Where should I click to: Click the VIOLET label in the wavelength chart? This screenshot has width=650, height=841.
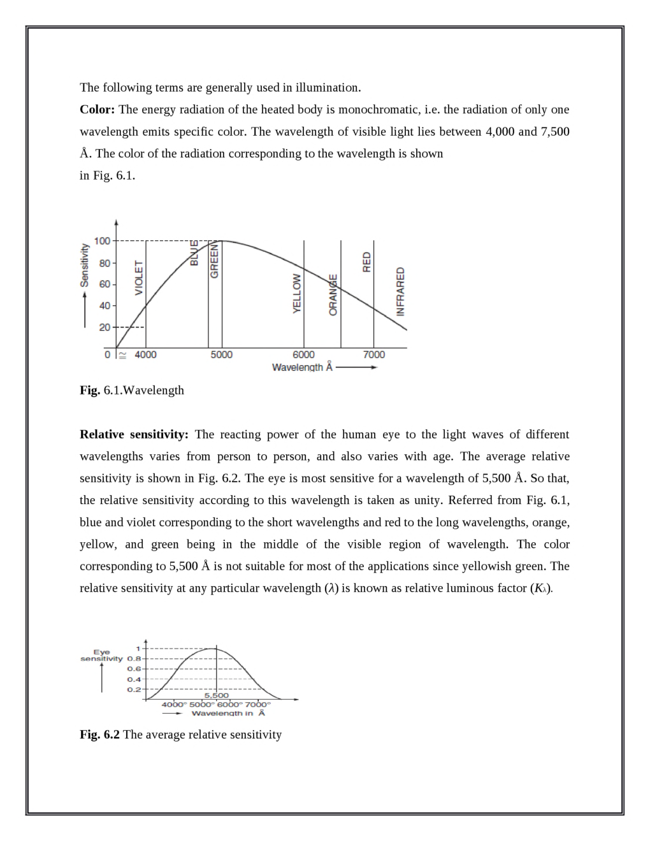(139, 278)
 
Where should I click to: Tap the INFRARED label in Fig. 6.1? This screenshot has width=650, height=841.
(401, 291)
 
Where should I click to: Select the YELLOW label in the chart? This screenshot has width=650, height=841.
(296, 293)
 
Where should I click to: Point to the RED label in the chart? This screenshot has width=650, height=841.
(366, 262)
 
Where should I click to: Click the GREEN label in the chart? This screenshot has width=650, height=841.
(215, 261)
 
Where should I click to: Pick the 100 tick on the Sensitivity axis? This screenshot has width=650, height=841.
(102, 241)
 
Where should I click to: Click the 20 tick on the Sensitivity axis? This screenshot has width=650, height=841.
(103, 327)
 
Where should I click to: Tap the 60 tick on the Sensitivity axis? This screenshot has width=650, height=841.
(103, 284)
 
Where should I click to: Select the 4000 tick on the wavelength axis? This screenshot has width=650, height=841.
(145, 355)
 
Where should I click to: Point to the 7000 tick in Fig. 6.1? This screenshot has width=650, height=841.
(374, 355)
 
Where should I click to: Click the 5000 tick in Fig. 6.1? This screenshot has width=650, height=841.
(222, 355)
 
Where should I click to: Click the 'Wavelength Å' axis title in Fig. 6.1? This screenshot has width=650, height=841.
(302, 368)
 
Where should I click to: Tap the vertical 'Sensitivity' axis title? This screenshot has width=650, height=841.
(84, 266)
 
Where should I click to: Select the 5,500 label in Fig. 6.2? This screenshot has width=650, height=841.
(216, 695)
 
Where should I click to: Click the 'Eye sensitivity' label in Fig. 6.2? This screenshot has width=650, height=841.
(101, 656)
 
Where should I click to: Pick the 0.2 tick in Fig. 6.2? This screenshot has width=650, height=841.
(134, 689)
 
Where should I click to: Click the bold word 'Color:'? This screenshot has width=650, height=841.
(97, 110)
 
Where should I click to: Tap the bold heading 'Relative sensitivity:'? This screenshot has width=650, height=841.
(134, 435)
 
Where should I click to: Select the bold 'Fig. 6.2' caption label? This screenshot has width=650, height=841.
(99, 735)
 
